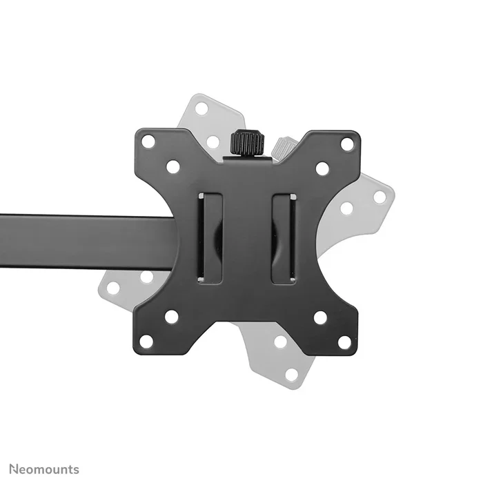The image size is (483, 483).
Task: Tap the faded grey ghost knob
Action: click(283, 147)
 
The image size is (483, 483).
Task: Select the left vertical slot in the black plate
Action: click(210, 238)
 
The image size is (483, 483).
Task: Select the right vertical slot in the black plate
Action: click(284, 238)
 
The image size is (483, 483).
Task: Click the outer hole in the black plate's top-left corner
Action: click(148, 141)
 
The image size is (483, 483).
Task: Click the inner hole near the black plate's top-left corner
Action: click(172, 166)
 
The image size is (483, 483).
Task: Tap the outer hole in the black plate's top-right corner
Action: click(346, 144)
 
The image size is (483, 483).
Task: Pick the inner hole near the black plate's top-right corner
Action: click(322, 168)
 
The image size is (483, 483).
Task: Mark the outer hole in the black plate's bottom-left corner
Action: click(146, 341)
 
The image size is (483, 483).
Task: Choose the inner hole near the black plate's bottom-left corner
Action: click(171, 317)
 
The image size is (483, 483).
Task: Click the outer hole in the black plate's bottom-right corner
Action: click(344, 342)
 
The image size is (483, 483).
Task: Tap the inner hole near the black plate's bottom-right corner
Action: click(320, 317)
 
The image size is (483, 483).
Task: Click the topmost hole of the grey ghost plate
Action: click(201, 108)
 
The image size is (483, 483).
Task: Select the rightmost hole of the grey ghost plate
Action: click(379, 197)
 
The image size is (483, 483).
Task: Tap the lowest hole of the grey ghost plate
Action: click(292, 374)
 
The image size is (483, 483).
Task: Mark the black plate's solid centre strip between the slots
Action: click(247, 238)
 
